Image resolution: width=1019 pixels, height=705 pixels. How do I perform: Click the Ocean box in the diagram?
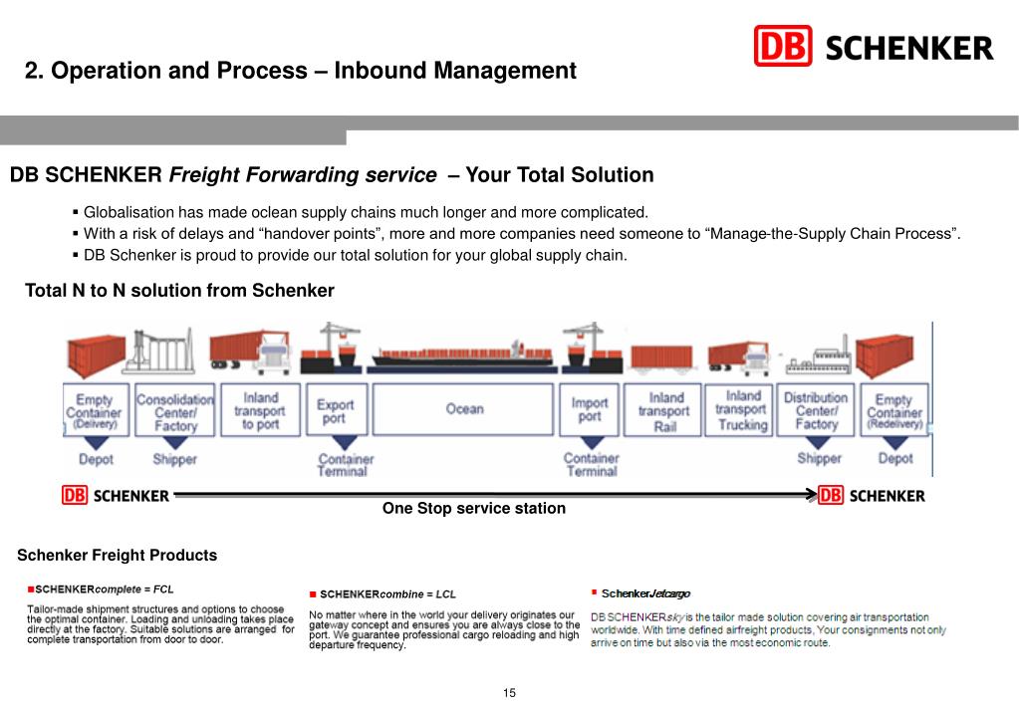[x=464, y=409]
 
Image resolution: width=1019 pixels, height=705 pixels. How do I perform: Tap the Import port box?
[x=589, y=409]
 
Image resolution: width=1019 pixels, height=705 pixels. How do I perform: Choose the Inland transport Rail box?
[x=664, y=410]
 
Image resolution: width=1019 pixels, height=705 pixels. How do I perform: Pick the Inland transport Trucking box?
[x=742, y=409]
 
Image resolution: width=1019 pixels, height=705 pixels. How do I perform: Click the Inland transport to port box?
[x=260, y=409]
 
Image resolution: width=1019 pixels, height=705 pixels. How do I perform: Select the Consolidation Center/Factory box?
[x=175, y=409]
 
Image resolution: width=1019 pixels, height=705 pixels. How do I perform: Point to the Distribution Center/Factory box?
[x=816, y=409]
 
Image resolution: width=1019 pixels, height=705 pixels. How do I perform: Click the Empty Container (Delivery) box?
[x=94, y=410]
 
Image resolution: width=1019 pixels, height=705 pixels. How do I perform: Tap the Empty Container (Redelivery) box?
[x=894, y=410]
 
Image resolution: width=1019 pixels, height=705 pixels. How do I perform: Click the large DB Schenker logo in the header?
[x=873, y=47]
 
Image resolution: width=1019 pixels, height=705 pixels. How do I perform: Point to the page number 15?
[x=509, y=693]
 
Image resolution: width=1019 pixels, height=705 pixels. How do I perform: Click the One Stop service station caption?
[x=473, y=509]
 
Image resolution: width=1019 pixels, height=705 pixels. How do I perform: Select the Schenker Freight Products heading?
[x=118, y=555]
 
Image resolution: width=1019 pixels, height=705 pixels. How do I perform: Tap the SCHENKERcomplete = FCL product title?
[x=103, y=589]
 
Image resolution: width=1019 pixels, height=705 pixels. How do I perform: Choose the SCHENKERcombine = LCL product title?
[x=384, y=594]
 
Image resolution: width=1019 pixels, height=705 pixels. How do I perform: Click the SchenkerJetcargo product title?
[x=643, y=593]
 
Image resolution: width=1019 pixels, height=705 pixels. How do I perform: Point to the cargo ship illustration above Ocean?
[x=463, y=356]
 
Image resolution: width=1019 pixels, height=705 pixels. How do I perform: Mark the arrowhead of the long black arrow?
[x=810, y=494]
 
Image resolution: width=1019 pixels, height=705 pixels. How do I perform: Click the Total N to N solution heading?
[x=179, y=291]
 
